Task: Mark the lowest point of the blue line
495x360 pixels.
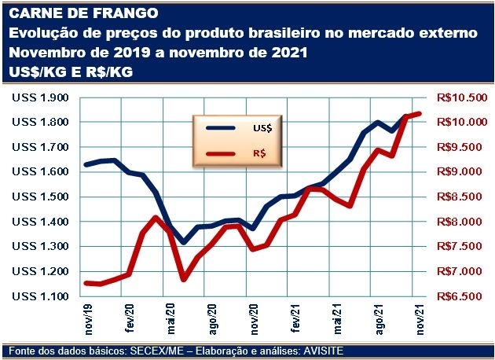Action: click(x=184, y=242)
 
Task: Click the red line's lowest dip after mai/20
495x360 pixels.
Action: click(x=184, y=279)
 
